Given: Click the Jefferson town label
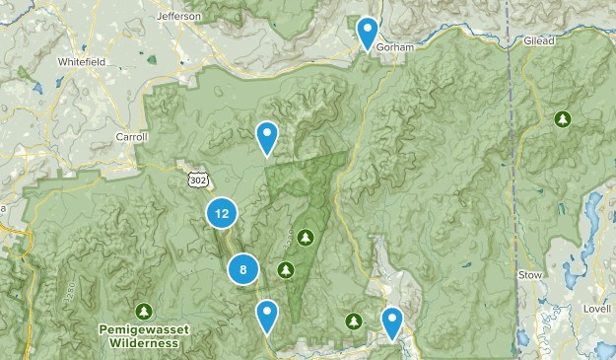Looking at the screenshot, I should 178,16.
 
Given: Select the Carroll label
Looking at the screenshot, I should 131,137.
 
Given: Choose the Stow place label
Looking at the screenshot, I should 529,274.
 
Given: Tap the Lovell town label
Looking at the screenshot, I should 594,310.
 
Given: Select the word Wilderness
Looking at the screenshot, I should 145,343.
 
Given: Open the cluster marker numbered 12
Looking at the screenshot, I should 222,212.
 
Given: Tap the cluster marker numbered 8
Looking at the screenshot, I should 242,268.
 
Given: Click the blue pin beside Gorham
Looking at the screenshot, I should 368,32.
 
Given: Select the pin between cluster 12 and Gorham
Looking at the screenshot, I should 266,137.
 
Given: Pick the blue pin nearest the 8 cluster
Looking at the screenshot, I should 266,316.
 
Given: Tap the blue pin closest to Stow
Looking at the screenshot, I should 392,322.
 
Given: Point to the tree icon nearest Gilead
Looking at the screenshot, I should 562,119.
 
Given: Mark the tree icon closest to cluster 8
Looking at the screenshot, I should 286,268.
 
